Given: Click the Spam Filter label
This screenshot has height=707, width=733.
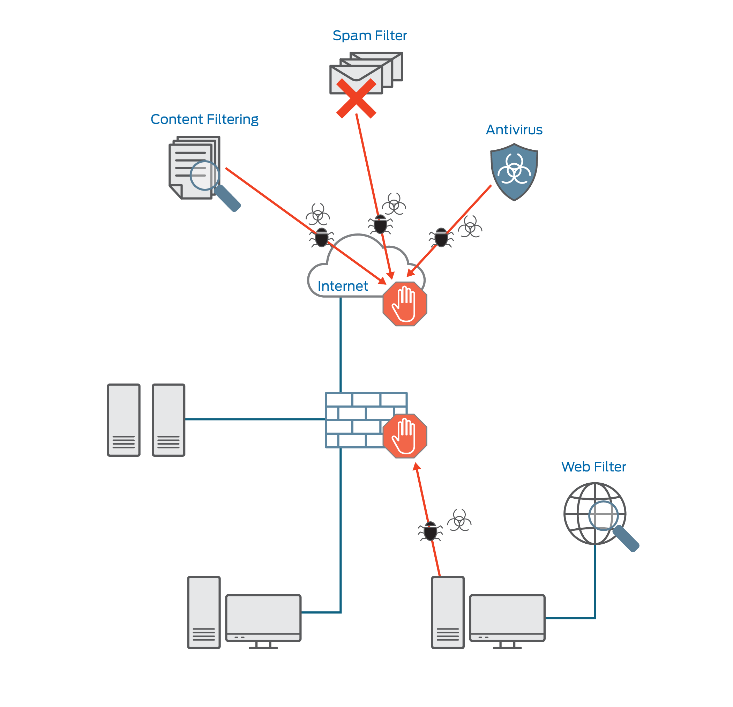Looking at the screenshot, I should (x=369, y=36).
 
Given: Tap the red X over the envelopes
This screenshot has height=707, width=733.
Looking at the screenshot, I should (x=356, y=98).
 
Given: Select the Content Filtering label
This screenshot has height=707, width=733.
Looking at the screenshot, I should (x=204, y=119).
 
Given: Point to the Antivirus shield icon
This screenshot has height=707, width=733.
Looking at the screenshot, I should (x=514, y=172).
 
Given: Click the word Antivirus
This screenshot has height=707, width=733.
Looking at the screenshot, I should (x=514, y=130).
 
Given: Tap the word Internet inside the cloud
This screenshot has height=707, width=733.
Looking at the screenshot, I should (x=343, y=286).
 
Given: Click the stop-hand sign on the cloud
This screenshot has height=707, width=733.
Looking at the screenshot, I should (x=405, y=304).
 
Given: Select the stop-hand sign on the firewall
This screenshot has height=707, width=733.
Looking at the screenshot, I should (x=405, y=436).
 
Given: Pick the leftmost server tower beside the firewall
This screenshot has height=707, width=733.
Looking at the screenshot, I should (x=124, y=420).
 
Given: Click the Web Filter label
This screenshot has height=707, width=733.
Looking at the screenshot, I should (x=593, y=467).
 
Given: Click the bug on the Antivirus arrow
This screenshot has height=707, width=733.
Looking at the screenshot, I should (x=441, y=238).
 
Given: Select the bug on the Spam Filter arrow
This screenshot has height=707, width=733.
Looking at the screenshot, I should (x=380, y=224).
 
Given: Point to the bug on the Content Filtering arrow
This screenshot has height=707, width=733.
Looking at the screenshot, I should (x=322, y=238).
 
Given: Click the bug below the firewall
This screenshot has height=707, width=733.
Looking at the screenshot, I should (x=431, y=531).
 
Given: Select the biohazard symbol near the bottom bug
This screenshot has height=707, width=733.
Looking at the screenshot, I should (x=459, y=520).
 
